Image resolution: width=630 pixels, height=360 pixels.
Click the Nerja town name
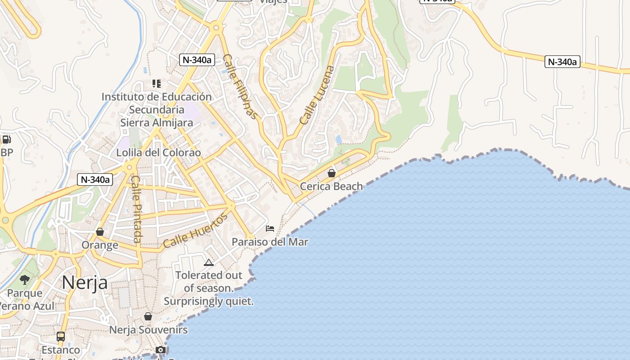coord(85,283)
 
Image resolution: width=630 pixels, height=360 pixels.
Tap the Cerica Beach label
coord(331,186)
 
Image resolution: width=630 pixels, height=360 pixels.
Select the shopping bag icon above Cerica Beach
coord(332,173)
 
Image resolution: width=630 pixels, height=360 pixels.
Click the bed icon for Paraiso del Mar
coord(270,229)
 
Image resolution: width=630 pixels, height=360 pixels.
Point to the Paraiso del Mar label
coord(270,242)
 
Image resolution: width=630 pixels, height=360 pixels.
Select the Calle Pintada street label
coord(136,209)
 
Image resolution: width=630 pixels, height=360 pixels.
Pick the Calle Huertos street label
coord(195,231)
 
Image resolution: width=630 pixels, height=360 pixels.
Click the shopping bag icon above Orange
coord(100,232)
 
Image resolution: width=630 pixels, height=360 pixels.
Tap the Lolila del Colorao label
coord(158,153)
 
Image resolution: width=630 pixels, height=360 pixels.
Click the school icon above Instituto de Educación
coord(157,84)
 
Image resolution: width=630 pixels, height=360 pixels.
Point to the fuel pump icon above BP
coord(6,139)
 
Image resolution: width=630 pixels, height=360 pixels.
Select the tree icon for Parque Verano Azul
coord(25,280)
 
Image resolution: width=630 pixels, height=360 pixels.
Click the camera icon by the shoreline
coord(161,350)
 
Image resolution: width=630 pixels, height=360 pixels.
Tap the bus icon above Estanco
coord(61,336)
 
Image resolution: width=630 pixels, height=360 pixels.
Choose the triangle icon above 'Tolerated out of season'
coord(208,262)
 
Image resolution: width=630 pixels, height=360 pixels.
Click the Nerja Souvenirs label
coord(148,330)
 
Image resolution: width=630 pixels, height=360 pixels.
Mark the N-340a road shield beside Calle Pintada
coord(94,180)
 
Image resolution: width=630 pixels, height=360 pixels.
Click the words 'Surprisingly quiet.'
coord(209,301)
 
